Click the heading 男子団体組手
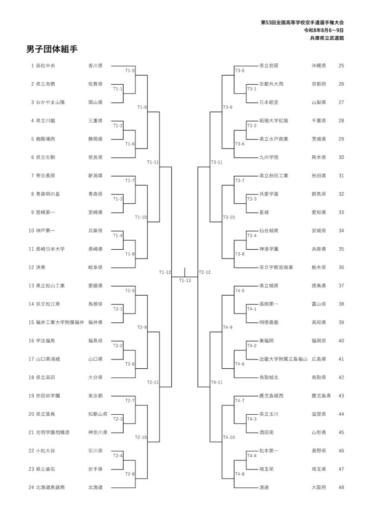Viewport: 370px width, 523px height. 52,50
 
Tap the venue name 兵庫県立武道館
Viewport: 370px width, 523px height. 327,38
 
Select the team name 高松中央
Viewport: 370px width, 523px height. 45,66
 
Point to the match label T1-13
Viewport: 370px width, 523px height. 185,280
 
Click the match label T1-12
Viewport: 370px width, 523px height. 165,272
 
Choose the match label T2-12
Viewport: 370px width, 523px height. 204,272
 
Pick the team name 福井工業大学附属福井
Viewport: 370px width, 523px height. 60,323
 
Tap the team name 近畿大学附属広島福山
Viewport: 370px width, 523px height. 284,359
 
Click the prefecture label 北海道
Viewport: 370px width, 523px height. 96,488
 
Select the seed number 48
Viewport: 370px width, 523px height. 341,488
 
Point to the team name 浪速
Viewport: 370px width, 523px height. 264,488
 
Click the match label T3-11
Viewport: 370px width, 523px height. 217,162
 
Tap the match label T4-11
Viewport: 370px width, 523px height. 217,382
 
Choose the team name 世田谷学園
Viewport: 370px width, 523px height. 48,396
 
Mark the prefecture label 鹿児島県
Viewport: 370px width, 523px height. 321,396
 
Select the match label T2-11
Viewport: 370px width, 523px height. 153,382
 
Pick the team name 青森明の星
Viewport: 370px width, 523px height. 48,194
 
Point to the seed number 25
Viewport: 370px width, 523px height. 341,66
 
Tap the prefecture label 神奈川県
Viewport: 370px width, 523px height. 98,433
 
